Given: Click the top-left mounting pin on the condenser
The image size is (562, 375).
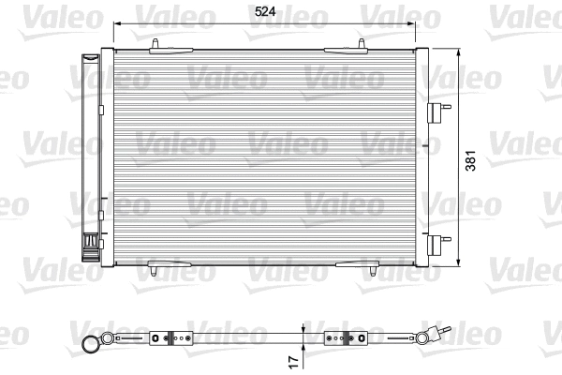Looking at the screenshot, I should point(152,44).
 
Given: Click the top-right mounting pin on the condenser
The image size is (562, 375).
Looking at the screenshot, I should point(362,44).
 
